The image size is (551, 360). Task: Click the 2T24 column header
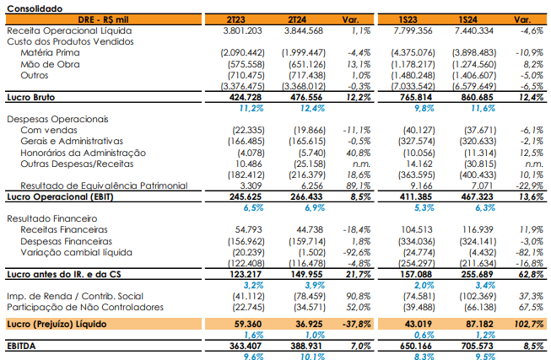297,19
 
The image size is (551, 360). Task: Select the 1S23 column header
408,19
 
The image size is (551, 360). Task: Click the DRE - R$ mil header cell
103,19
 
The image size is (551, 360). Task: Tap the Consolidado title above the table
35,8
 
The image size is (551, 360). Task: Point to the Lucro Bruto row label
31,97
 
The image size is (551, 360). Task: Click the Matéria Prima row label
50,52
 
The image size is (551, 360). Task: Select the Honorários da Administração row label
83,153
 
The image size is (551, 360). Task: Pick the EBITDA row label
21,346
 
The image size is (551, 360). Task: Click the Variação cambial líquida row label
76,253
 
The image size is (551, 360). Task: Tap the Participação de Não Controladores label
85,308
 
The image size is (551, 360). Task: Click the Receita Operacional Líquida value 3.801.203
242,31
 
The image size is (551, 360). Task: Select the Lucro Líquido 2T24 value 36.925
309,324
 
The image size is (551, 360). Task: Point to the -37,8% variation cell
356,324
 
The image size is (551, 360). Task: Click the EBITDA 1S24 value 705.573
478,346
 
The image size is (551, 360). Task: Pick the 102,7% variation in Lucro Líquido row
529,324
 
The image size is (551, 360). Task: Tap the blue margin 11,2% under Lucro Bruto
251,108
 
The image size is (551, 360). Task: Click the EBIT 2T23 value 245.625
246,196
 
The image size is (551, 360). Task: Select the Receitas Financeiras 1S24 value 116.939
478,229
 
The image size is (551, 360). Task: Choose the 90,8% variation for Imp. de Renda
359,297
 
